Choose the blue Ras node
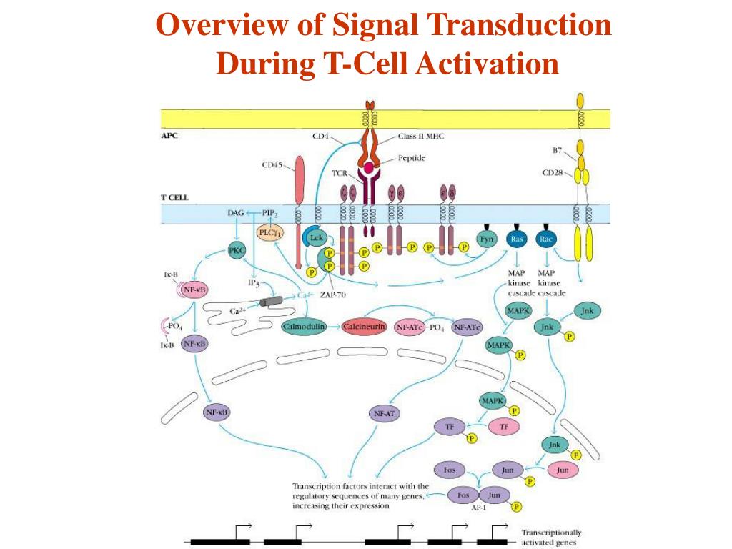point(517,239)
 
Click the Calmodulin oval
point(304,326)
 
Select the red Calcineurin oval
point(364,326)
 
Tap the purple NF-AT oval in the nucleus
point(386,413)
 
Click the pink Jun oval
point(563,470)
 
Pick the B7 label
point(558,151)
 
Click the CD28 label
point(553,172)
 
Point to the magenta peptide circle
point(370,169)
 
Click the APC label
point(169,136)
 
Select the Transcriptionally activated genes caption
point(551,537)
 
